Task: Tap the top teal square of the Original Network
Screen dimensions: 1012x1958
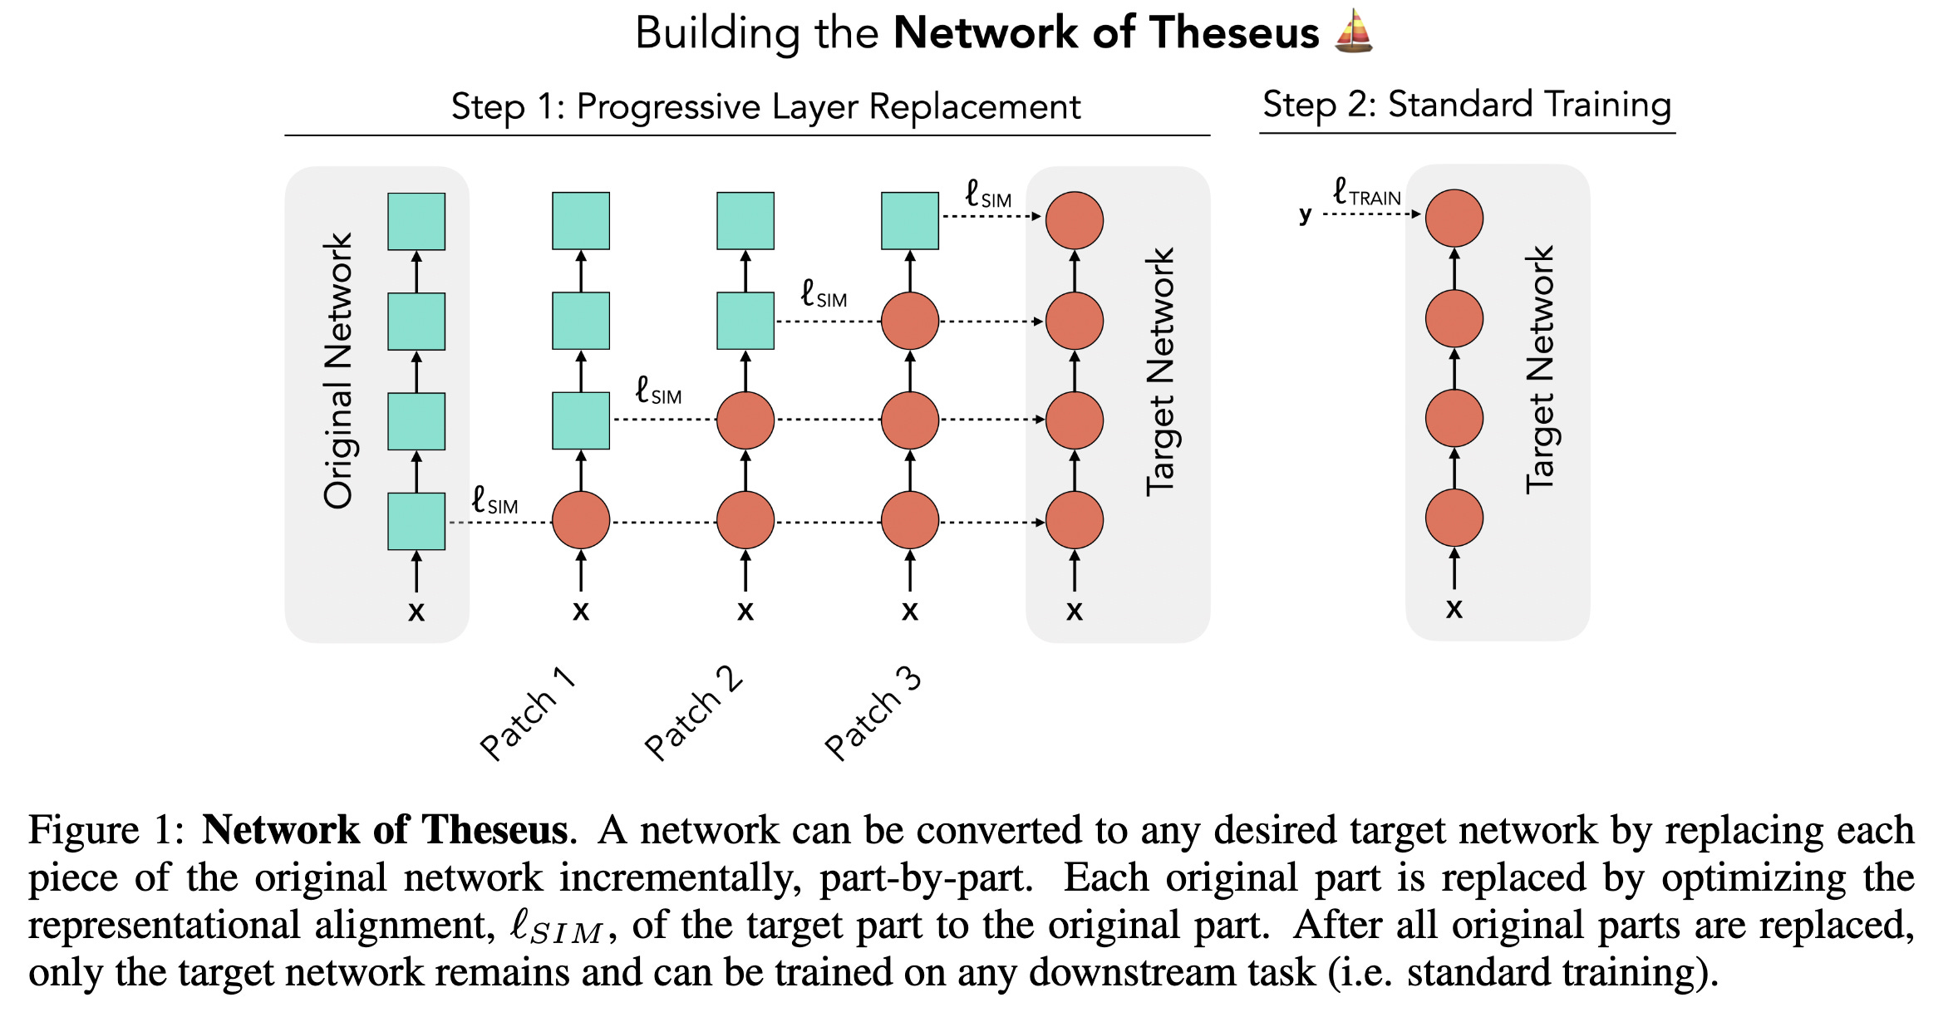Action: coord(416,221)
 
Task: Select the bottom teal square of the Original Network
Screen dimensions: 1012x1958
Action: coord(416,521)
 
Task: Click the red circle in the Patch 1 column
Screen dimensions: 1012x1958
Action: coord(581,520)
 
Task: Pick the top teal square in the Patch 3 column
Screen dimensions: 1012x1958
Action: coord(910,221)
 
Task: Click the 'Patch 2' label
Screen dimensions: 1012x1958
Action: coord(694,713)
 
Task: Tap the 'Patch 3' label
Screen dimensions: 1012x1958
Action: coord(873,713)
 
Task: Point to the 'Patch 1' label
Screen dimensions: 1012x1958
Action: coord(528,713)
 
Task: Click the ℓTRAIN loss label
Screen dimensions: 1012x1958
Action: coord(1366,193)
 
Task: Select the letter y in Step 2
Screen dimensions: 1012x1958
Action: coord(1306,214)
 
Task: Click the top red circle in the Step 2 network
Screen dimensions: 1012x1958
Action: coord(1454,219)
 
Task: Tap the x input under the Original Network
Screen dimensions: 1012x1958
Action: coord(416,612)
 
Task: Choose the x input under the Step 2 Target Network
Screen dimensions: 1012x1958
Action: coord(1454,609)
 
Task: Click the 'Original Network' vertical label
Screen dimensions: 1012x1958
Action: coord(338,371)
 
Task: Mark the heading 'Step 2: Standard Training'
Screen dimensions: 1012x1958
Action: coord(1467,106)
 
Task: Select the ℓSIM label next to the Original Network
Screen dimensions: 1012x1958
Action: coord(494,501)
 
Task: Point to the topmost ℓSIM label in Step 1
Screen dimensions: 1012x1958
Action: coord(988,195)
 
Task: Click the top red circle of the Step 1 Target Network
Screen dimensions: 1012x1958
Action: coord(1075,221)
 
